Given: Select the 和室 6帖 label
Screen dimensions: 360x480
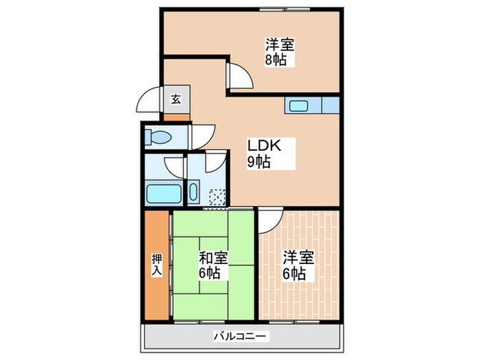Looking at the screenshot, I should [x=213, y=265].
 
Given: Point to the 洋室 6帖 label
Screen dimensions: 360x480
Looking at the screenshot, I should [x=299, y=265].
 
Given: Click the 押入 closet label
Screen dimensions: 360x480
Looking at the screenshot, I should [x=157, y=265].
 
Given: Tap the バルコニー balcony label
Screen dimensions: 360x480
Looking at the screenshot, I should [x=241, y=337].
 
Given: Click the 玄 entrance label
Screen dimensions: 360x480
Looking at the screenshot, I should [x=176, y=99].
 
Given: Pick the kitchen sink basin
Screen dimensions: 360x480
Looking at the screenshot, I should [x=298, y=106].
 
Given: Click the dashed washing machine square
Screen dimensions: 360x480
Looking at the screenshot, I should [x=218, y=197].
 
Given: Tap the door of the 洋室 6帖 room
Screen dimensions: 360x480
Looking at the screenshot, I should [x=268, y=220].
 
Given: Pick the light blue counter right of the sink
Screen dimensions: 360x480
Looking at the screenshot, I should [x=331, y=106].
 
